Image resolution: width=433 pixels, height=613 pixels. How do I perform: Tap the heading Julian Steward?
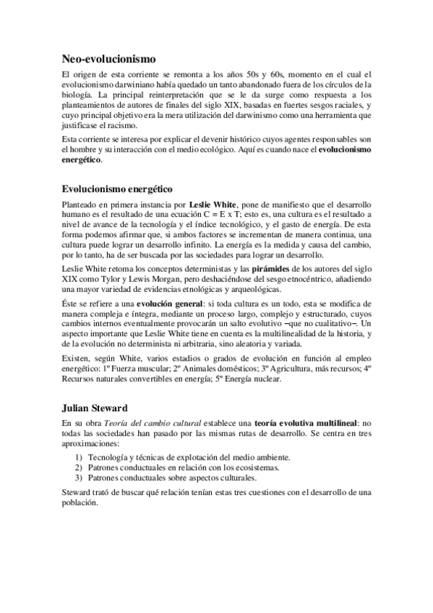pos(94,406)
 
